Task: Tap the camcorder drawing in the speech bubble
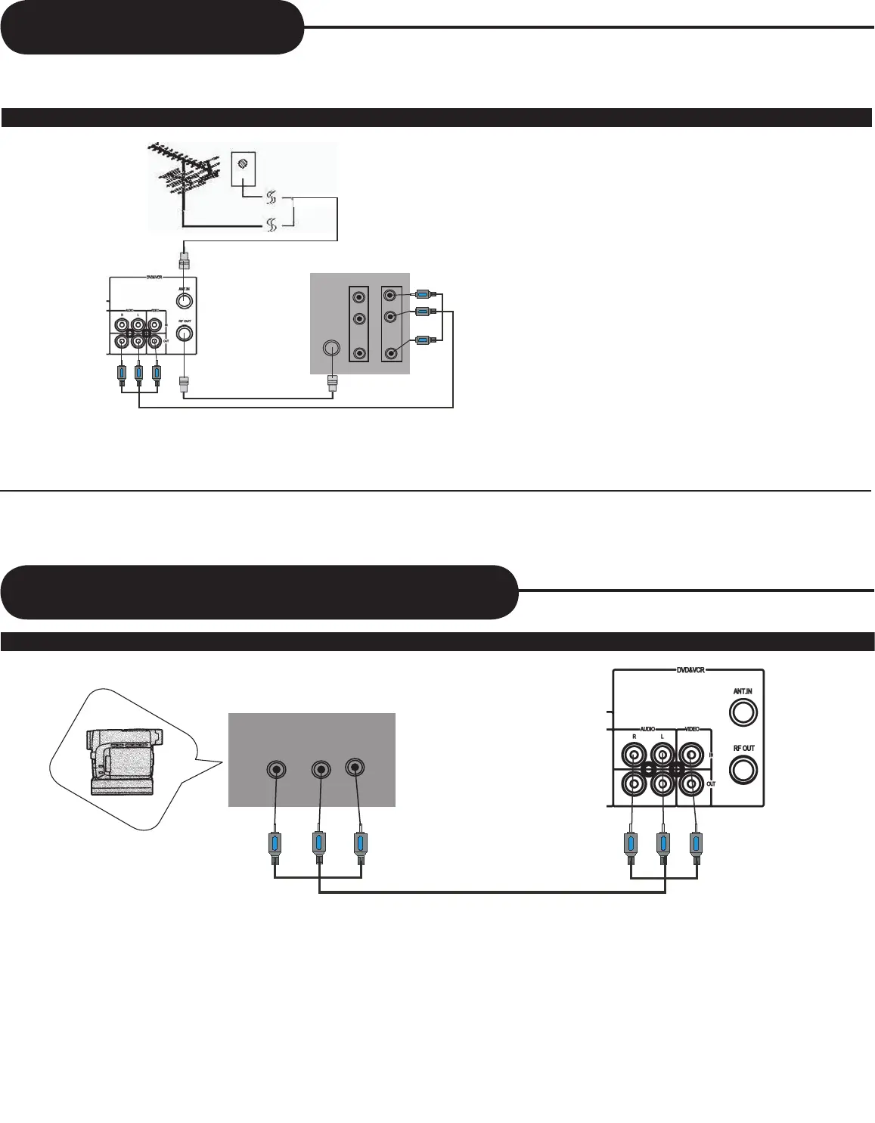[122, 761]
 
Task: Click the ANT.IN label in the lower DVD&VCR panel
[743, 692]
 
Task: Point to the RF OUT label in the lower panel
[743, 749]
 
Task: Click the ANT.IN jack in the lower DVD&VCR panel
[743, 712]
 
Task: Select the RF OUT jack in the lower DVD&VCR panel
[743, 770]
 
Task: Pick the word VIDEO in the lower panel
[692, 729]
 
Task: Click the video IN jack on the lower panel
[691, 754]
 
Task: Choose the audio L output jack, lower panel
[662, 784]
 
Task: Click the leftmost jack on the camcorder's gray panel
[277, 770]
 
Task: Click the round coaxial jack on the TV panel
[330, 349]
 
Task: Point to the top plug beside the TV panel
[424, 294]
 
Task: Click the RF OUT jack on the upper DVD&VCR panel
[184, 334]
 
